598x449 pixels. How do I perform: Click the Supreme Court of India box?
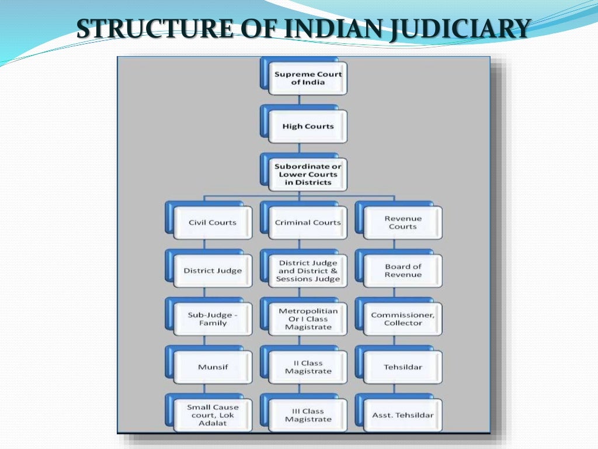coord(308,78)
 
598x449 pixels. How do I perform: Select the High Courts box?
coord(308,126)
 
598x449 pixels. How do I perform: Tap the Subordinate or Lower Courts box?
coord(308,174)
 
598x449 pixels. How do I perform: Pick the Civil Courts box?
coord(213,223)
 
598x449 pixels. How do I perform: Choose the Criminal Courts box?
coord(308,223)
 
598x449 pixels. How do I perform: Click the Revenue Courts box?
coord(402,223)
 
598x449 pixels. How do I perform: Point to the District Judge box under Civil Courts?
coord(213,271)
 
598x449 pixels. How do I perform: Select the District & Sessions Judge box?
coord(308,271)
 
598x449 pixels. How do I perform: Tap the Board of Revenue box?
coord(402,271)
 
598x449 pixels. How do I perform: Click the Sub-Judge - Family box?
coord(213,319)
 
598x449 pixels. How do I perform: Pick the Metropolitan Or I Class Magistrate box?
coord(308,319)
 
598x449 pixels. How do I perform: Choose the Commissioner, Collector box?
coord(402,319)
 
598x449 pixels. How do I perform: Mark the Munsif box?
coord(213,367)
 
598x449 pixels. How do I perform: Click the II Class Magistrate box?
coord(308,367)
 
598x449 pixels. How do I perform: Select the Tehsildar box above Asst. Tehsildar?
coord(402,367)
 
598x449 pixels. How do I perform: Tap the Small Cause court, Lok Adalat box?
coord(213,415)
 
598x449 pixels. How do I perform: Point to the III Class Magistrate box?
coord(308,415)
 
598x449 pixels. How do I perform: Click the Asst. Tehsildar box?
coord(402,415)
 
